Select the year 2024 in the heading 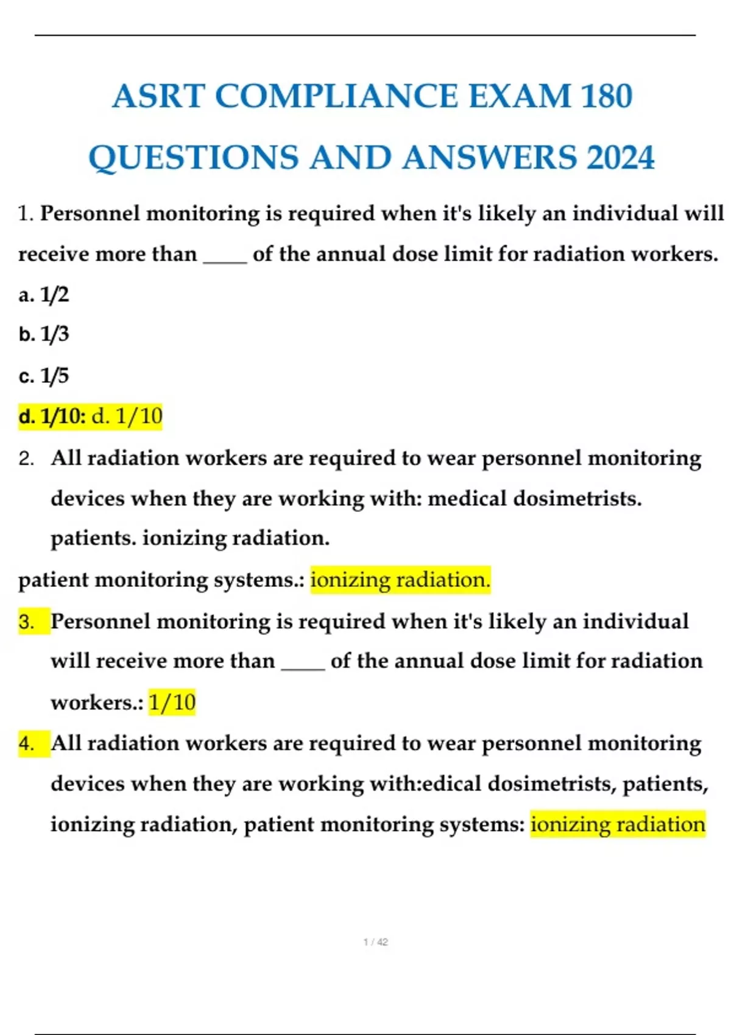(x=620, y=157)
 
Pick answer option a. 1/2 (x=44, y=295)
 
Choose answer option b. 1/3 (x=44, y=334)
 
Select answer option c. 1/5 (x=44, y=376)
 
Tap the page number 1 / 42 (x=375, y=942)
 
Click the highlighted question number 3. (x=27, y=622)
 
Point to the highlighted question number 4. (x=27, y=743)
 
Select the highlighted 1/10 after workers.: (x=172, y=703)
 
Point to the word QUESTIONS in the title (x=194, y=157)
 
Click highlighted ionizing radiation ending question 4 (x=618, y=824)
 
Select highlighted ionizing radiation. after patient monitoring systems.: (x=400, y=580)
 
